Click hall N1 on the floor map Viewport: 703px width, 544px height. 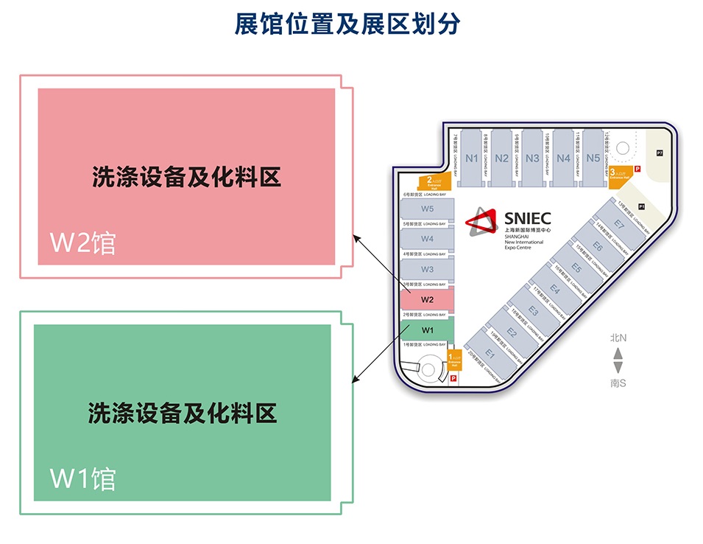click(x=472, y=158)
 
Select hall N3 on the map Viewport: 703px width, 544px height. click(x=532, y=158)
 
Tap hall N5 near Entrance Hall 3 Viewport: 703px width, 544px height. click(x=593, y=158)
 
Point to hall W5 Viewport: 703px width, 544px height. click(x=427, y=209)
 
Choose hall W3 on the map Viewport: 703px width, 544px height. click(x=427, y=269)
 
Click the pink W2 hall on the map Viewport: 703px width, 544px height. click(x=427, y=299)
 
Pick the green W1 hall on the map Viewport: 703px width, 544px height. click(x=427, y=329)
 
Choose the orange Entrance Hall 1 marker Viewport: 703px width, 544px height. click(x=453, y=360)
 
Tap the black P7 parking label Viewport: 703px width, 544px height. click(x=660, y=153)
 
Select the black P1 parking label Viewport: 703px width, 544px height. click(x=642, y=206)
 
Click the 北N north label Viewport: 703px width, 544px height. click(x=618, y=338)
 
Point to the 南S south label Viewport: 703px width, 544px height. click(x=618, y=383)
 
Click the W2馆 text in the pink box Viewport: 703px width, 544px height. click(x=82, y=243)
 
